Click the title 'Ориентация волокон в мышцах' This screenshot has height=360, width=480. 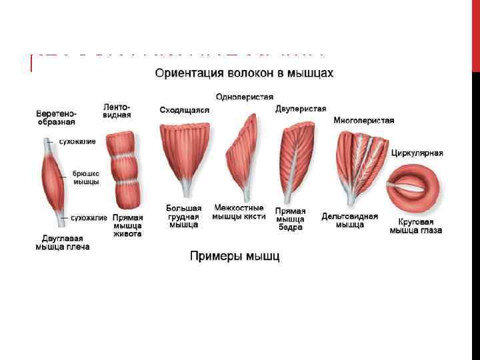244,72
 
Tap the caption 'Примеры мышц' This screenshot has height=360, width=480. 235,256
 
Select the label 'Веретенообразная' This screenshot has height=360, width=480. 56,117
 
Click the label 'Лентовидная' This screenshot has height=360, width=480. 117,110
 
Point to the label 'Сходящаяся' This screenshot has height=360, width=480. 184,110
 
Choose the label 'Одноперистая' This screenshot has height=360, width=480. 245,97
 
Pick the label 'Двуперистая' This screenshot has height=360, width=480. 301,109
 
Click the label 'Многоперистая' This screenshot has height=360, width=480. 363,121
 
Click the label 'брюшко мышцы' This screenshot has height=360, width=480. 86,177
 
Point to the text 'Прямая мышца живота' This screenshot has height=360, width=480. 127,225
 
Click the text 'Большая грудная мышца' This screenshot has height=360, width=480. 183,217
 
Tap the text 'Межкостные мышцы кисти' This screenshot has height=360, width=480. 239,212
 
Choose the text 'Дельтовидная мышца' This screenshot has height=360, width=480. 349,221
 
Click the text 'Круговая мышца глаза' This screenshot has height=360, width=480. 416,226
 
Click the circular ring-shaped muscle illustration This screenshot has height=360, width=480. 416,185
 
